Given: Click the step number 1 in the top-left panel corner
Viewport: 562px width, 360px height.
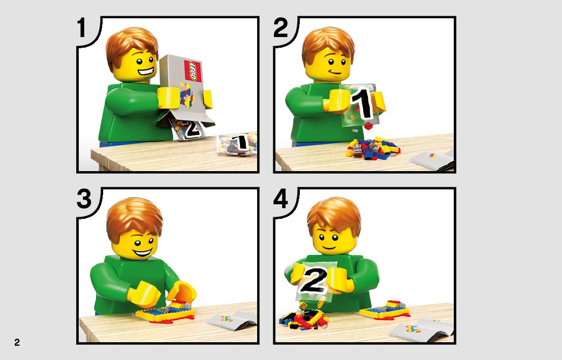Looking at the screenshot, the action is click(82, 28).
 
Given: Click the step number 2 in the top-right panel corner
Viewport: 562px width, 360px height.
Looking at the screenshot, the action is click(280, 28).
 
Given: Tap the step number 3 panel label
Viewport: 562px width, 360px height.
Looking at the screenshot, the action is click(84, 199).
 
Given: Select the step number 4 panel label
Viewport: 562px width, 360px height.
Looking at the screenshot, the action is click(280, 199).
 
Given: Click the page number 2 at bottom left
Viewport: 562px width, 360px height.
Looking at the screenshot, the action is click(17, 342).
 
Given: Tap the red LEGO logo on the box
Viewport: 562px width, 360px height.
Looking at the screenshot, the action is click(193, 71).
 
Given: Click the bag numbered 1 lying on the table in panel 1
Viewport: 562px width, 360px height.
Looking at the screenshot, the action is click(238, 144).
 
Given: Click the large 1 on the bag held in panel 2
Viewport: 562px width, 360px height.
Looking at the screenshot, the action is click(363, 104).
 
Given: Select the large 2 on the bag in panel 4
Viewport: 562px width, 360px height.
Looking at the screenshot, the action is click(313, 280).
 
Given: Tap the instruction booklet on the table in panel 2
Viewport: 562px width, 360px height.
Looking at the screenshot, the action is click(431, 159).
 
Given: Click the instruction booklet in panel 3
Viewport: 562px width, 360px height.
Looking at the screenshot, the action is click(232, 320).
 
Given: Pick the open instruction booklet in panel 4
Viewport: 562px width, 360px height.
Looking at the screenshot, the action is click(421, 330).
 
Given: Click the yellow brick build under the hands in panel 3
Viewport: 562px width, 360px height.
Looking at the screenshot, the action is click(165, 313).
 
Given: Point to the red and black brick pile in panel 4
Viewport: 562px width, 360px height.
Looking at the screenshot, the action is click(303, 317).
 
